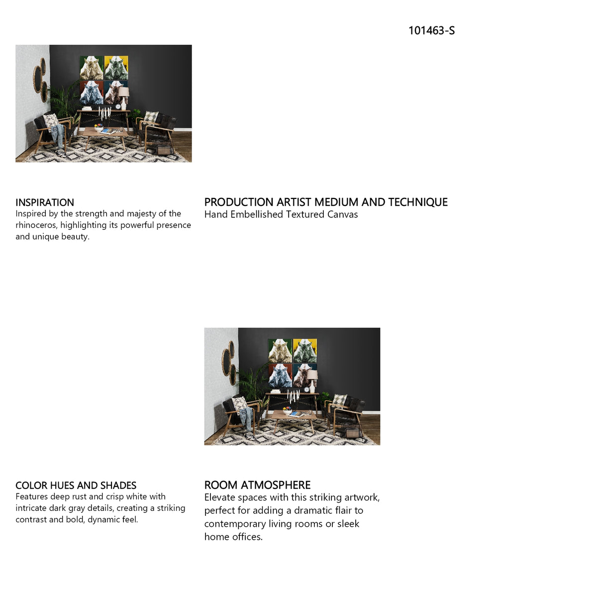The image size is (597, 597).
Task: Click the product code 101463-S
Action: (431, 30)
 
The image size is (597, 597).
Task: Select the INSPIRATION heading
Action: (45, 202)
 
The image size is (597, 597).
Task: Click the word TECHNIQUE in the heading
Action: (418, 202)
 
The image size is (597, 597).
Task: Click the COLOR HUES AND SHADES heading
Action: (76, 485)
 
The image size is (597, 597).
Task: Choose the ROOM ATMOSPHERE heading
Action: (257, 485)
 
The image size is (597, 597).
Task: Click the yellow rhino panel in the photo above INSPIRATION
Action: (116, 68)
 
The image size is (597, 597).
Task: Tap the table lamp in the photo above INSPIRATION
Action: (123, 98)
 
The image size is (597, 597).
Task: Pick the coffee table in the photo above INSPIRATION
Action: (105, 137)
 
